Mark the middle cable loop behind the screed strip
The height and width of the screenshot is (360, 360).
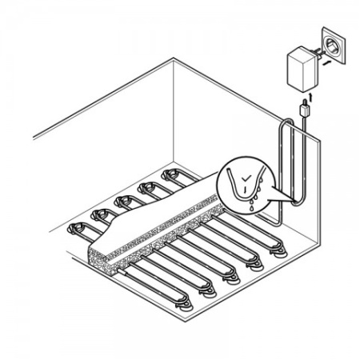pyautogui.click(x=124, y=201)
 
